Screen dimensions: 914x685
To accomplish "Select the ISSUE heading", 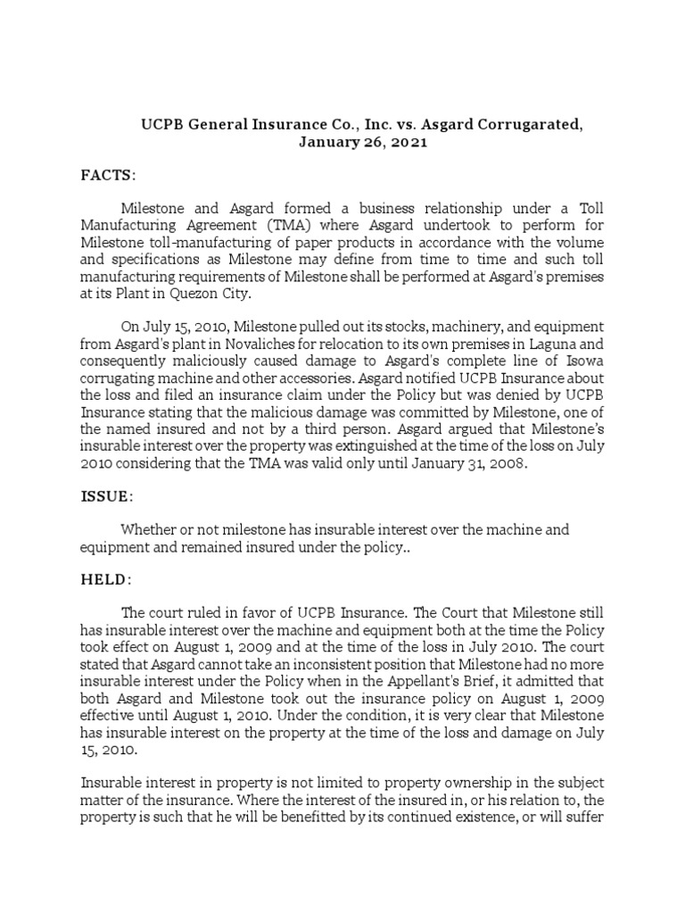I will point(107,494).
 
